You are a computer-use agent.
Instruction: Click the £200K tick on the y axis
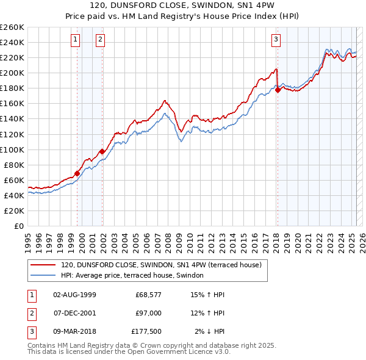click(x=12, y=73)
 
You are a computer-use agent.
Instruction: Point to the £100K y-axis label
click(x=12, y=149)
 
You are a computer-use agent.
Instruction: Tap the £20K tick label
click(x=15, y=211)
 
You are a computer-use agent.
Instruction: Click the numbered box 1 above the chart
click(x=75, y=40)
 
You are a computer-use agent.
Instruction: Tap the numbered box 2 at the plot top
click(x=100, y=40)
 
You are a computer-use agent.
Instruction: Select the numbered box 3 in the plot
click(x=276, y=40)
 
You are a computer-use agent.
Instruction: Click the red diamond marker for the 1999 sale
click(x=77, y=173)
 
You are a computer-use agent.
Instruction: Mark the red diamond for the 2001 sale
click(x=102, y=151)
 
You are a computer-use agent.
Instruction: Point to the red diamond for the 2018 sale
click(x=278, y=90)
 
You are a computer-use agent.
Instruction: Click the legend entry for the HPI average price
click(x=135, y=275)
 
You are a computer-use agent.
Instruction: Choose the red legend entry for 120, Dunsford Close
click(x=161, y=265)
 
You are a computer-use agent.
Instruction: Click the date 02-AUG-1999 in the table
click(x=75, y=295)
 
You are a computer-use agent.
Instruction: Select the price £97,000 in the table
click(x=149, y=313)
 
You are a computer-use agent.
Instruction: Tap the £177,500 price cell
click(x=146, y=331)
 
